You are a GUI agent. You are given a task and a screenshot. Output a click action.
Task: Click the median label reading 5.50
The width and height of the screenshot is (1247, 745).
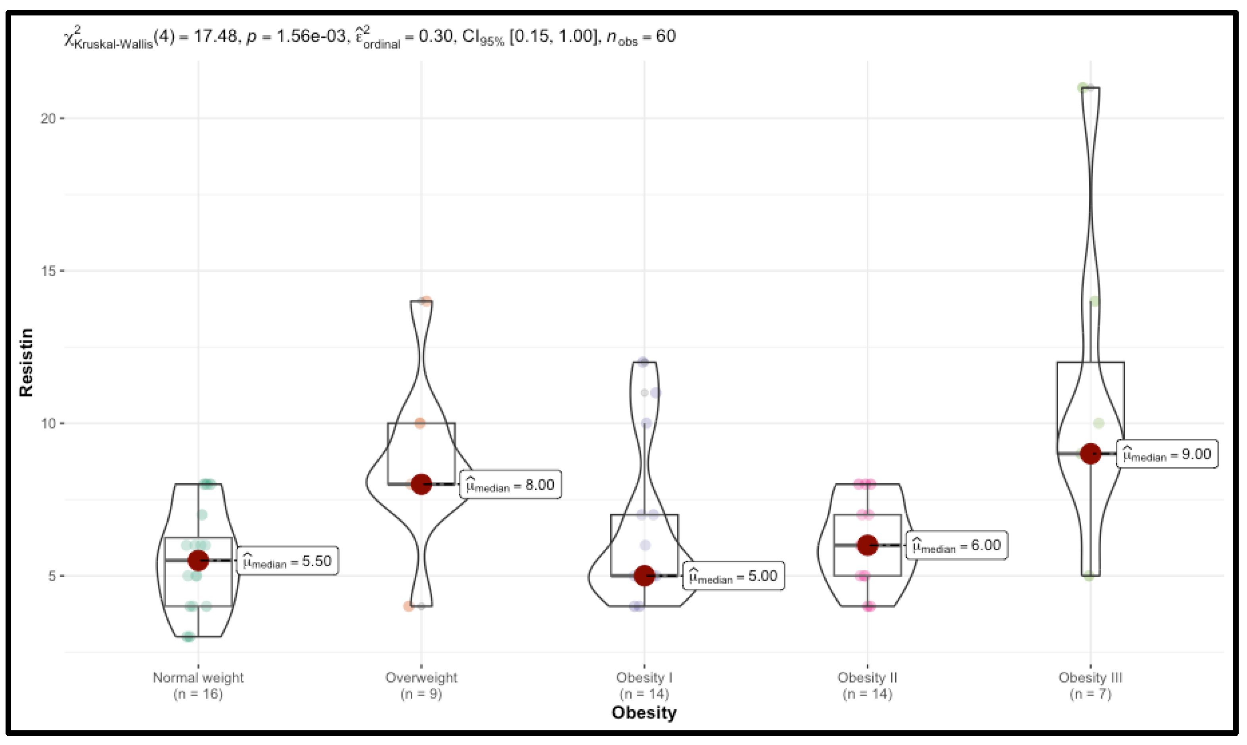click(x=287, y=561)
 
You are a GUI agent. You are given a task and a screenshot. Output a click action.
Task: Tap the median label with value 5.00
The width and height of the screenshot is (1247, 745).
click(x=733, y=576)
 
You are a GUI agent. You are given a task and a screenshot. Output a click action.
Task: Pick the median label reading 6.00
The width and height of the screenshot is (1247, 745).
click(x=956, y=545)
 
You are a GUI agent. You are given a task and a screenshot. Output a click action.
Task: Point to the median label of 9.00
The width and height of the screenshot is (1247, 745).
click(x=1167, y=454)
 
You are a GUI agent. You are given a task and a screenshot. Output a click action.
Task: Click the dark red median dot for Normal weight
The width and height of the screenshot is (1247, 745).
click(x=198, y=560)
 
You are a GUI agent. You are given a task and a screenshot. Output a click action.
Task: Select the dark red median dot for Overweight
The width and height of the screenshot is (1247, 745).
click(x=421, y=484)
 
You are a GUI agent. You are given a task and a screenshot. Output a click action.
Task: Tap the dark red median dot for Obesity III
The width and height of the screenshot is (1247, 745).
click(x=1090, y=454)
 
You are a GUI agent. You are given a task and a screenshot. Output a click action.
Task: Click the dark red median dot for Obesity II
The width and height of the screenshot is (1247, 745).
click(x=868, y=545)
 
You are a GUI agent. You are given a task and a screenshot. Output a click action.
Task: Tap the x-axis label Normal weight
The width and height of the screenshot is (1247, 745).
click(x=198, y=678)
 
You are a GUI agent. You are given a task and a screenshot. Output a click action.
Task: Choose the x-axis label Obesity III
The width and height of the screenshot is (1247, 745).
click(x=1090, y=678)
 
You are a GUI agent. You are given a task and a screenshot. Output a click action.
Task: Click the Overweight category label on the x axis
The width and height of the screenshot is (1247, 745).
click(x=421, y=678)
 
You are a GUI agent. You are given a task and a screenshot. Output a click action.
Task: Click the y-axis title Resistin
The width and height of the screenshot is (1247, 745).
click(x=26, y=362)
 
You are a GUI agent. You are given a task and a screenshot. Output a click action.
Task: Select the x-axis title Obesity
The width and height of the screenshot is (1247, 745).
click(x=644, y=713)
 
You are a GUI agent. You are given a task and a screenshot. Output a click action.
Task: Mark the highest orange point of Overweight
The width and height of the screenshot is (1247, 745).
click(x=426, y=301)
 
